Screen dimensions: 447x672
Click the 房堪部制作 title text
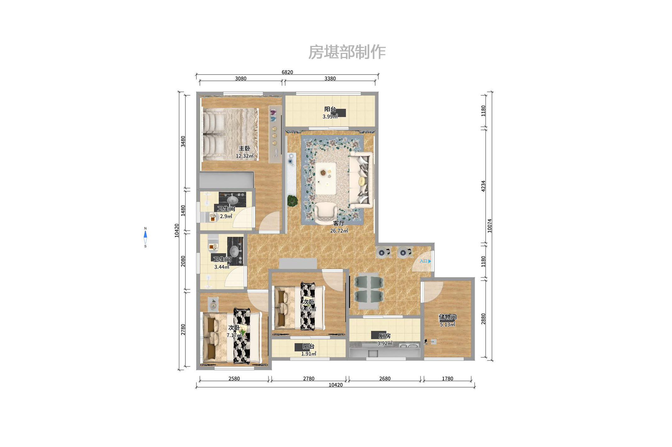[x=347, y=52]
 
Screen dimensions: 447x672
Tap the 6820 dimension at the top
[x=287, y=72]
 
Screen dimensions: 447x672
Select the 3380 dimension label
[x=330, y=79]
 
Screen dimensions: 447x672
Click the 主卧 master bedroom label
[x=244, y=148]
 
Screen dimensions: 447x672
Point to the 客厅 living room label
[x=339, y=223]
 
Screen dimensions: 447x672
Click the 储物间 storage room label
[x=447, y=317]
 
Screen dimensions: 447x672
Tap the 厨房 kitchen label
[x=384, y=336]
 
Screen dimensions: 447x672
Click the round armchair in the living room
[x=326, y=213]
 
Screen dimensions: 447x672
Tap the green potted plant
[x=292, y=201]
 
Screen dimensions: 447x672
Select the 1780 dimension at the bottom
[x=447, y=379]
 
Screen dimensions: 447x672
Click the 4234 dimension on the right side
[x=483, y=186]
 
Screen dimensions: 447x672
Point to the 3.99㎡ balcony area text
[x=330, y=117]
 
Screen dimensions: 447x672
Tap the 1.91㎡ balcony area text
[x=308, y=354]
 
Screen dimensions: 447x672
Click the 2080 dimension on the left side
[x=183, y=261]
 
